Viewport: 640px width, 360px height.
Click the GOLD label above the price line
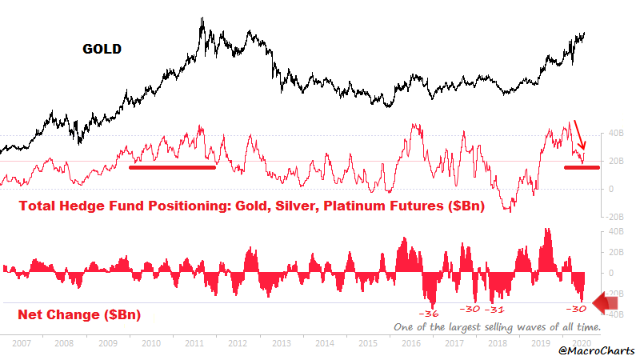click(102, 49)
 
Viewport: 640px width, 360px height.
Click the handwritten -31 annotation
click(497, 309)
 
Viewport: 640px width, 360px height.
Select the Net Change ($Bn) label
click(79, 314)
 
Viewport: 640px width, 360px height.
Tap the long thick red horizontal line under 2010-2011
click(172, 166)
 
